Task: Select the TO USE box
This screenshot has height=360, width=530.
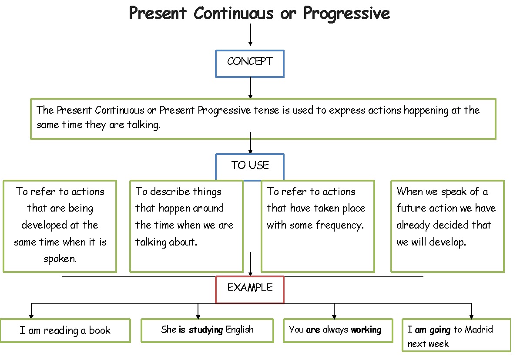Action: (250, 166)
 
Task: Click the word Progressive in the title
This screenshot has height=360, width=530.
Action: (346, 14)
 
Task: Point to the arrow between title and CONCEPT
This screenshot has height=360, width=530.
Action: (250, 35)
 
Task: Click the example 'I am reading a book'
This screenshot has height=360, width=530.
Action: (65, 330)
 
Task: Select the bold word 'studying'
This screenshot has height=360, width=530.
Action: (206, 330)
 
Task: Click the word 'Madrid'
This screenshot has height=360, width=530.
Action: (479, 329)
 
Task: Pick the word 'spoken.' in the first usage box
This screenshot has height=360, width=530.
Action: (60, 259)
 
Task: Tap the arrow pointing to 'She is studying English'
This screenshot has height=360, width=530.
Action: (198, 311)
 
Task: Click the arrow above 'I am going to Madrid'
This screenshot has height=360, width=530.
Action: (471, 311)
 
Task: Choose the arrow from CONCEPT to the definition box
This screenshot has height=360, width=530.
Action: (250, 88)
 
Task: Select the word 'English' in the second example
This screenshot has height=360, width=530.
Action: (239, 330)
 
